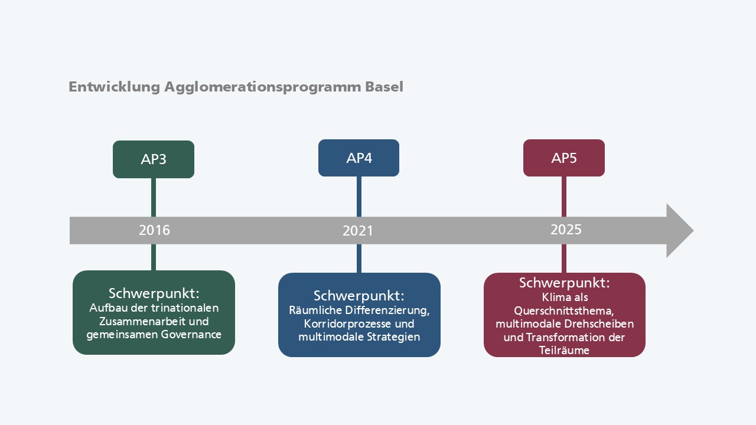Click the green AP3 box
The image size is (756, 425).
pos(154,159)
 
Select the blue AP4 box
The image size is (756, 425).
pos(359,158)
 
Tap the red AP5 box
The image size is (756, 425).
pos(564,158)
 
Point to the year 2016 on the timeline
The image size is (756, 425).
pos(155,230)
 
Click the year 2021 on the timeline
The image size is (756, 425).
pos(358,231)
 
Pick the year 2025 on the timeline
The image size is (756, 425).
pos(566,230)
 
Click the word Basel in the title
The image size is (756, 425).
pos(384,87)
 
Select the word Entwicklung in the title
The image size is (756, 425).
pos(114,87)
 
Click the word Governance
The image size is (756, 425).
pos(191,335)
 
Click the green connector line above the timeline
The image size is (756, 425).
pos(154,197)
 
